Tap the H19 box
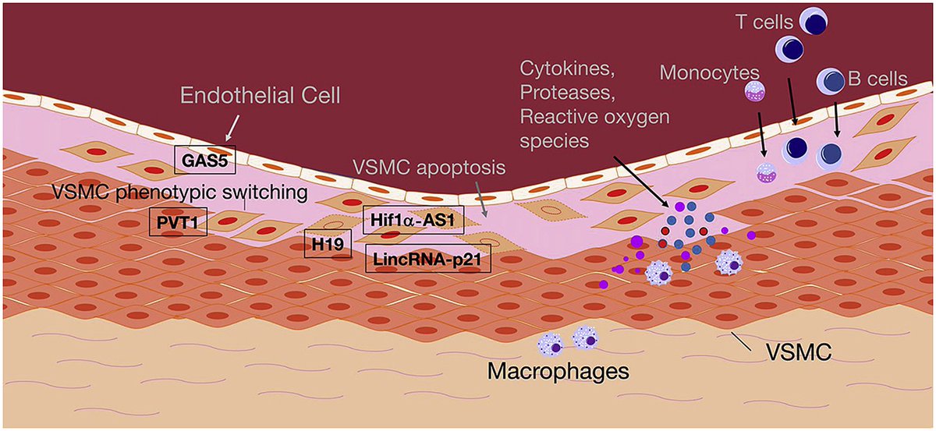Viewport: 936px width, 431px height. point(321,244)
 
